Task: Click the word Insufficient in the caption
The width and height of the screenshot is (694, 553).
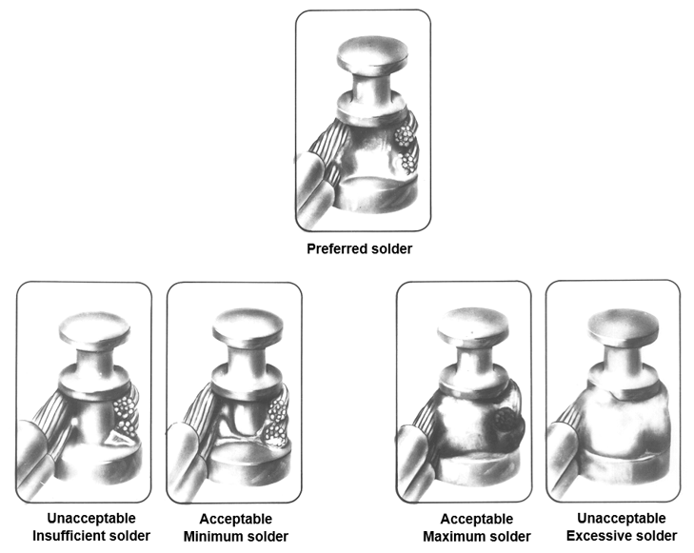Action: [69, 536]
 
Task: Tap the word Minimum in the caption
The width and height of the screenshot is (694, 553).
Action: [210, 537]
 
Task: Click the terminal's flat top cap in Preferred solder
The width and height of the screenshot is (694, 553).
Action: [372, 53]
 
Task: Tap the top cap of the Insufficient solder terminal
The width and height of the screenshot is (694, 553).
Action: [94, 329]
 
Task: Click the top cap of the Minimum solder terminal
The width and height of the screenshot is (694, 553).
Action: [248, 326]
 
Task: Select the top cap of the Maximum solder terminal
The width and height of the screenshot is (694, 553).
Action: [473, 326]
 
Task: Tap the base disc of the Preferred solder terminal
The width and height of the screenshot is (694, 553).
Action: [378, 194]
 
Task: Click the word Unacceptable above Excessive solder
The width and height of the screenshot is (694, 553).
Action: [622, 518]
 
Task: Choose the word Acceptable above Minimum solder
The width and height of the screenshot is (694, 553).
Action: [236, 519]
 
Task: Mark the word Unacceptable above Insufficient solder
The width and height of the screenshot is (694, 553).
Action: [91, 518]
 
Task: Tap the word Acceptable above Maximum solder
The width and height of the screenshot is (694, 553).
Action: [477, 519]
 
